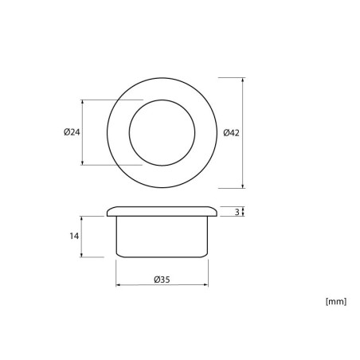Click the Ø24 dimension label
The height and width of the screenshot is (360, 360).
[72, 132]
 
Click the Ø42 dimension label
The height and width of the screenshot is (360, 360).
[231, 132]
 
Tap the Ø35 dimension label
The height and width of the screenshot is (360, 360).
[162, 280]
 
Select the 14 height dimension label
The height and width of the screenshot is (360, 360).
[74, 236]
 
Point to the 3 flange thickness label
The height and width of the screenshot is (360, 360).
[237, 212]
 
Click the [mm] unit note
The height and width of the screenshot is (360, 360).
[336, 302]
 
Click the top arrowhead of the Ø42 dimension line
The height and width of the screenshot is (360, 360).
[242, 80]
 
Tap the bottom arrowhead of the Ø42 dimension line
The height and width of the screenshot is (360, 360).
[242, 186]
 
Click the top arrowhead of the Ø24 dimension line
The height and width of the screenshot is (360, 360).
[82, 102]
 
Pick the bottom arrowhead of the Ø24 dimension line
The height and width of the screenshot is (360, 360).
[82, 162]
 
